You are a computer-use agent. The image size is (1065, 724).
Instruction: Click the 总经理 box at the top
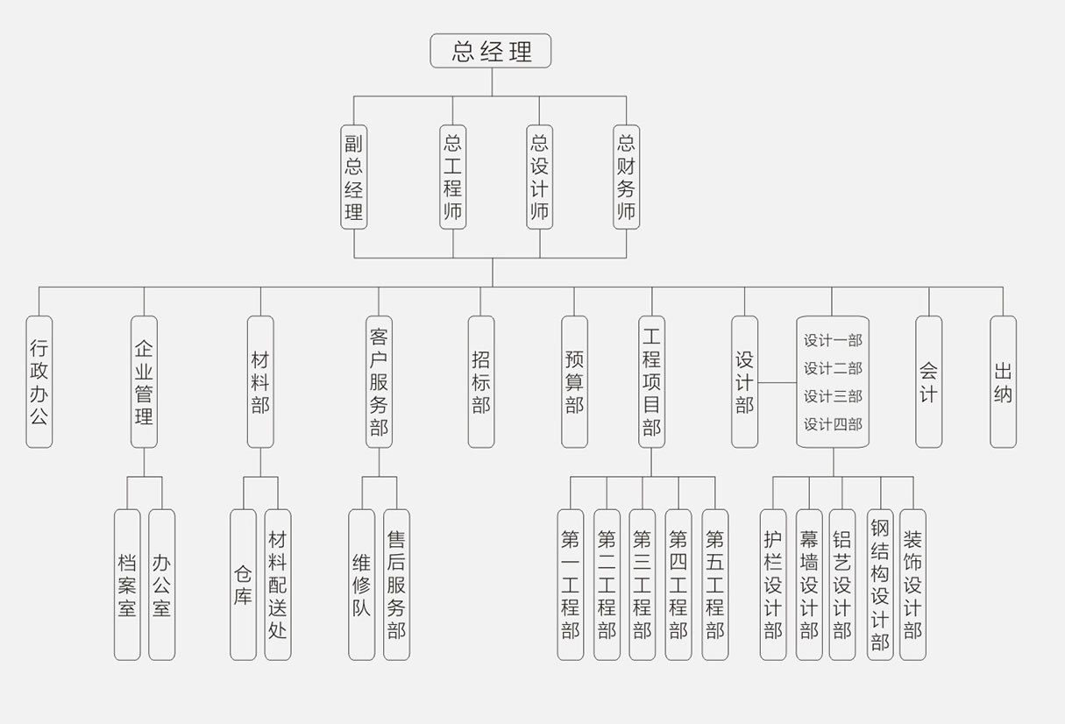point(490,51)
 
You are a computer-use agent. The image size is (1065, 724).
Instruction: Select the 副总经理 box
point(353,176)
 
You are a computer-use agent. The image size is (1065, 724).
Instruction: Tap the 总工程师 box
point(452,176)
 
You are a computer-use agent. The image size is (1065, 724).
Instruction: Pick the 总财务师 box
point(626,176)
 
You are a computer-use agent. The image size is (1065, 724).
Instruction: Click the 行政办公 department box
point(39,381)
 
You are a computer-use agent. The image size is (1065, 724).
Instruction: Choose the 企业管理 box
point(144,381)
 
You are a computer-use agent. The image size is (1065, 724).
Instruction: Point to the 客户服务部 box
point(379,381)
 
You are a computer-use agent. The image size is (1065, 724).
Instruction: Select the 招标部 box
point(480,381)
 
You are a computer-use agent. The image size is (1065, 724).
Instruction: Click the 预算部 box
point(574,381)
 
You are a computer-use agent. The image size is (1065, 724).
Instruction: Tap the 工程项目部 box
point(651,381)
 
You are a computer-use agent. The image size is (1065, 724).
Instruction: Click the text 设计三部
point(833,396)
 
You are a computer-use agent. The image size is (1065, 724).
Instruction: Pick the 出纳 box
point(1003,381)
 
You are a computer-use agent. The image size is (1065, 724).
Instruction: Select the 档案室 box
point(127,584)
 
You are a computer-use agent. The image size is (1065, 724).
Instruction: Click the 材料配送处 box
point(277,584)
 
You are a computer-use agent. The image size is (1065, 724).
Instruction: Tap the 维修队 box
point(361,584)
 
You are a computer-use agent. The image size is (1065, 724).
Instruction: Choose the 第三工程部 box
point(642,584)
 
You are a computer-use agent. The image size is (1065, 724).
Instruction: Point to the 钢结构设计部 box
point(880,584)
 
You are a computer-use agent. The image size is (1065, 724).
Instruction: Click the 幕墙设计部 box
point(809,584)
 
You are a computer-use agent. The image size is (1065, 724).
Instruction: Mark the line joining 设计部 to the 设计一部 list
point(777,383)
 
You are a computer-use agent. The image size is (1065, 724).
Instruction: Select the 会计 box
point(928,381)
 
